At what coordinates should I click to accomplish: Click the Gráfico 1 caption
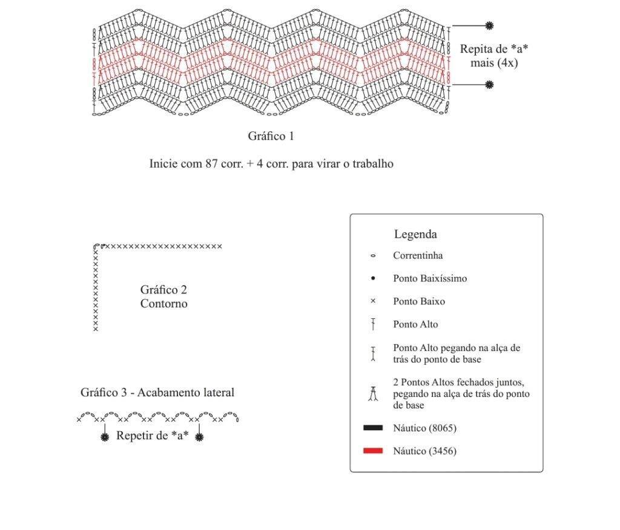click(271, 136)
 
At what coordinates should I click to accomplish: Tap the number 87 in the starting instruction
click(211, 163)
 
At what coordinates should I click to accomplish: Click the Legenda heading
click(415, 234)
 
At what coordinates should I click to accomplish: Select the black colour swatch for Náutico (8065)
click(373, 428)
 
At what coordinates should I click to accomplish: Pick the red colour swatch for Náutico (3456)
click(373, 451)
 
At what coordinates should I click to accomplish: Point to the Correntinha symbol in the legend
click(373, 256)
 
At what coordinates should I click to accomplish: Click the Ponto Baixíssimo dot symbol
click(373, 278)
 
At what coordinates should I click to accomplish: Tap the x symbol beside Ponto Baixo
click(373, 301)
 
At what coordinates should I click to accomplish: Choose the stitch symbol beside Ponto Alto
click(373, 324)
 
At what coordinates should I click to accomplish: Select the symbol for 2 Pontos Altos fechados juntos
click(373, 394)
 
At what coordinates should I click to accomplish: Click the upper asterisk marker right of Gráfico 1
click(489, 25)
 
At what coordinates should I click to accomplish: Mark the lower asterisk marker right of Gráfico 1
click(489, 85)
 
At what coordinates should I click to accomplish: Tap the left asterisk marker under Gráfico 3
click(105, 437)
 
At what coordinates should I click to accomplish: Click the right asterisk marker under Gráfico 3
click(200, 437)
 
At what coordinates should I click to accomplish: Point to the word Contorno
click(163, 304)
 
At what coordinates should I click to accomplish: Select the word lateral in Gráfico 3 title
click(217, 393)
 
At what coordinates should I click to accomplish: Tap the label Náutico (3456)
click(424, 451)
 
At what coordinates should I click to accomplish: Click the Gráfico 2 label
click(163, 290)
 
